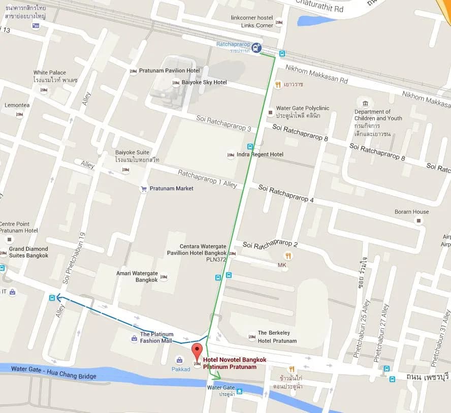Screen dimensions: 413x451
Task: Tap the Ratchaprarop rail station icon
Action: pos(257,48)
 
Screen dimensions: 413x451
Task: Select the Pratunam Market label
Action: pos(170,188)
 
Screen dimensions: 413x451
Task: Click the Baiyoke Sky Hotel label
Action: pos(206,82)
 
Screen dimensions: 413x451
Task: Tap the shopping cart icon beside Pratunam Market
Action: pos(144,188)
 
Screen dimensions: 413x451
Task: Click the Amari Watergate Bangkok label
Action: pos(137,277)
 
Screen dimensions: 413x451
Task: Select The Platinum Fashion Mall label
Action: pos(156,337)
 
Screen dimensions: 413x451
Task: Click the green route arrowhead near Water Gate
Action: pos(218,377)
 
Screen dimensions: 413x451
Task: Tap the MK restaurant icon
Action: pos(288,256)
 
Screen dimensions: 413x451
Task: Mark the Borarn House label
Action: pos(411,212)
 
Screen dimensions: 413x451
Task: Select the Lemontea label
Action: pos(17,105)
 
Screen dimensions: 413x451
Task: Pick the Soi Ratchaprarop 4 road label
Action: pos(286,194)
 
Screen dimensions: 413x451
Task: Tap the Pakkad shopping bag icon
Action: pos(179,360)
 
